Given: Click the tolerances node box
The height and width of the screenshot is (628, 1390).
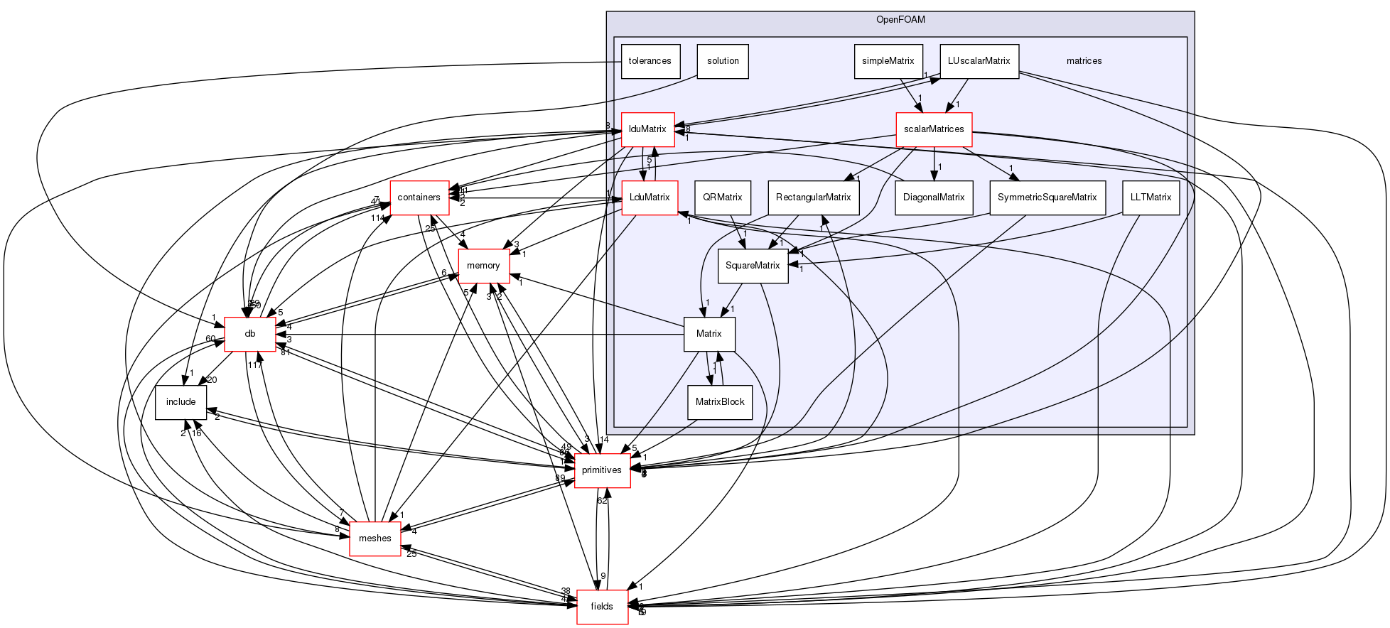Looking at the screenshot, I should pos(650,61).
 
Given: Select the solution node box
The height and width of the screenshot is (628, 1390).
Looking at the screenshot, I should pos(723,61).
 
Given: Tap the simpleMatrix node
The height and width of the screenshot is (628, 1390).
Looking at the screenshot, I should pos(888,61).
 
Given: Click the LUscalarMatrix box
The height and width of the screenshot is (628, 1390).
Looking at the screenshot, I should pos(979,61).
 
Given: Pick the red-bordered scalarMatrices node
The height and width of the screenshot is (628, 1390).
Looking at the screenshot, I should pos(933,129).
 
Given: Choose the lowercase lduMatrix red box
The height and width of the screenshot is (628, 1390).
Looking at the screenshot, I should pos(647,129).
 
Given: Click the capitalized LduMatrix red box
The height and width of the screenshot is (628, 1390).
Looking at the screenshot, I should pos(650,197).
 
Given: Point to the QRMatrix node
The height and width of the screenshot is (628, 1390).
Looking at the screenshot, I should pos(722,197).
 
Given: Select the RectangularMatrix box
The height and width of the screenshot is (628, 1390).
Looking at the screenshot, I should pos(813,197).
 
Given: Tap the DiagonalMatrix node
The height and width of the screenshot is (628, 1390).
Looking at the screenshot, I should pos(933,197).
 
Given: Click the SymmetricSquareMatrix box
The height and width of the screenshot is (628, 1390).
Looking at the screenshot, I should pos(1047,197).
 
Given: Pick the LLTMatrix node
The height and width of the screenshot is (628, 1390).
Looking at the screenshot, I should pos(1151,197).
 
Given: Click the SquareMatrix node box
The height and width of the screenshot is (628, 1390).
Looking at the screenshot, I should pos(753,266).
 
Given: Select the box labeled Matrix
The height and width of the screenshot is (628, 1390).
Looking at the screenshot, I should pos(709,334).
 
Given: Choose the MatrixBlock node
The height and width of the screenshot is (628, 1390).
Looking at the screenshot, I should pos(719,402).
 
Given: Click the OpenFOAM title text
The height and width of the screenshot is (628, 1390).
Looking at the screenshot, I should pos(900,20).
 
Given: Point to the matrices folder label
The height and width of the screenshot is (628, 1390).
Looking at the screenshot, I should pos(1084,61).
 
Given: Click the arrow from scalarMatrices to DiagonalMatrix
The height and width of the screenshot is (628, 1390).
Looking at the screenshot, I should pos(933,164).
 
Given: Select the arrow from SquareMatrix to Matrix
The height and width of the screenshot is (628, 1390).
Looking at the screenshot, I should pos(732,298).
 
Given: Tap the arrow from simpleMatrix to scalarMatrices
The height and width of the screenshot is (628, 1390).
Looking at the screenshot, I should pos(910,95).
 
